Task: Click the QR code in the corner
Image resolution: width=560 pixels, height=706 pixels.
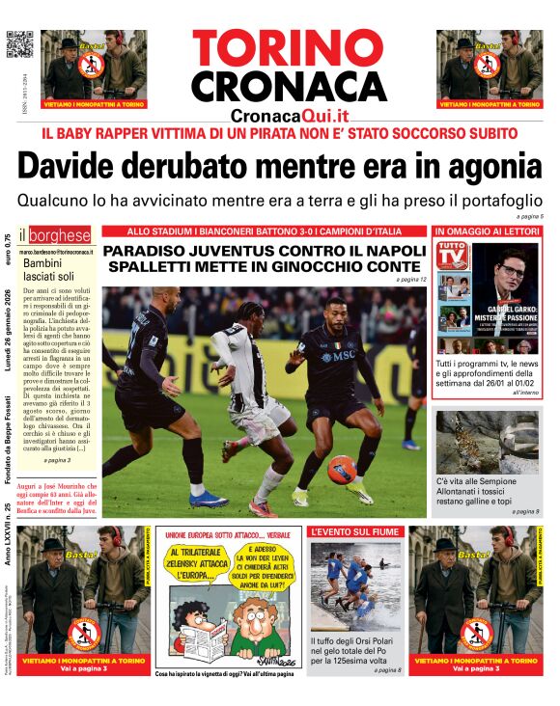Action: pyautogui.click(x=20, y=44)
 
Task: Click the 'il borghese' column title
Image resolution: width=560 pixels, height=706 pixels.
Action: pyautogui.click(x=58, y=235)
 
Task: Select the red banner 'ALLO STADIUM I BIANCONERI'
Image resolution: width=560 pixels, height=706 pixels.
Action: pyautogui.click(x=264, y=231)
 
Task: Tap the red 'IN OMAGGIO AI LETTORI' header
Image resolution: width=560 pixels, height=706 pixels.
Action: pyautogui.click(x=488, y=231)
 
